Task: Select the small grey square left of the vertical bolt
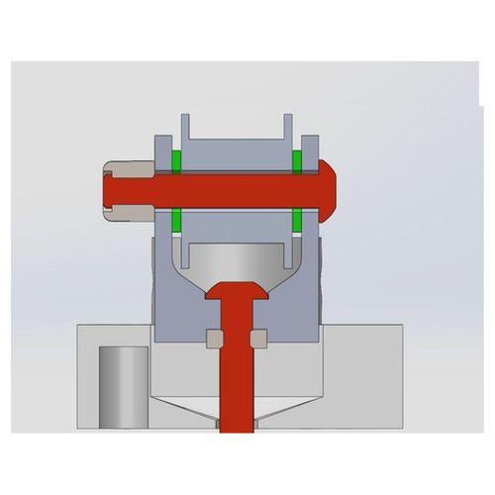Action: coord(213,339)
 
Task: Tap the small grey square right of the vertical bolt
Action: coord(259,339)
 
